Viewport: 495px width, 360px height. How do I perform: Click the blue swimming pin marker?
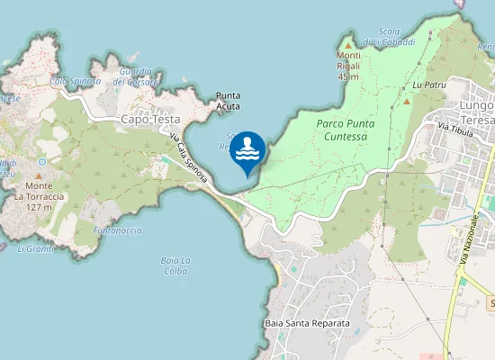[x=247, y=152]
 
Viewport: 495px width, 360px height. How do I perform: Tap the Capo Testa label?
[x=150, y=119]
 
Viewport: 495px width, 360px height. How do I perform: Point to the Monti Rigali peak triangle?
[x=348, y=43]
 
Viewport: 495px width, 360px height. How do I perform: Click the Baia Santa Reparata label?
[x=307, y=322]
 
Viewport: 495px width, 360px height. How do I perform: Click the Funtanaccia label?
[x=117, y=230]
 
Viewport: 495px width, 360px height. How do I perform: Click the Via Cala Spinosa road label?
[x=189, y=159]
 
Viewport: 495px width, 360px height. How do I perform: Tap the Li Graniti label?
[x=36, y=248]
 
